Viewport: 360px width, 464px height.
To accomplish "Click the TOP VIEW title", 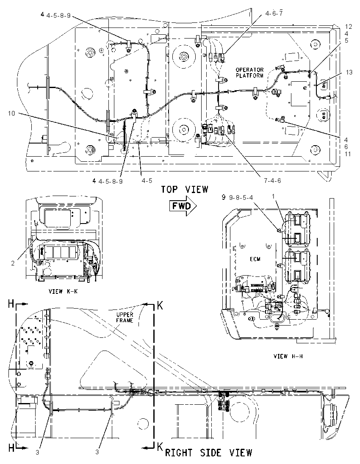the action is (184, 189).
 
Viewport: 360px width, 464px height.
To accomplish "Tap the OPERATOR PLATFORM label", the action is (249, 72).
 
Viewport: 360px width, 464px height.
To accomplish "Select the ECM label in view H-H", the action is (255, 259).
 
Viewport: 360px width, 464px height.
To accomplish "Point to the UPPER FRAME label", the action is (125, 318).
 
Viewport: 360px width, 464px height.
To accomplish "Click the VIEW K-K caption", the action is (63, 291).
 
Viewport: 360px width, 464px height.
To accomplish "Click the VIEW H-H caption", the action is (288, 356).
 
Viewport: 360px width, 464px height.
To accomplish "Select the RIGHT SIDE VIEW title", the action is (208, 453).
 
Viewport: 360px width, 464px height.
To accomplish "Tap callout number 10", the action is (11, 113).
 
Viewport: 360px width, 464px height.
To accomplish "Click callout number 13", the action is (349, 72).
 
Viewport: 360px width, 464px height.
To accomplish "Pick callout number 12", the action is (349, 27).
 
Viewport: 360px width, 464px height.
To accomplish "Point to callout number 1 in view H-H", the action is (273, 196).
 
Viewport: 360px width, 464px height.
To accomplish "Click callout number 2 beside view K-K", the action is (13, 263).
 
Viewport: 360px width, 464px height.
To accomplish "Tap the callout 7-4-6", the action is (272, 180).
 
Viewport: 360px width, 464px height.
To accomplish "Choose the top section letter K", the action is (160, 306).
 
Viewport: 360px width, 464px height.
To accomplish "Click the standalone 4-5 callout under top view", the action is (147, 180).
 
